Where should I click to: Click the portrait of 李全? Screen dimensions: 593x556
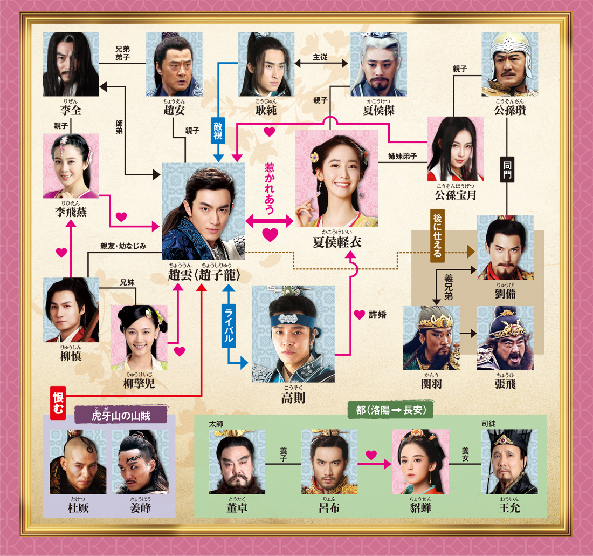(71, 64)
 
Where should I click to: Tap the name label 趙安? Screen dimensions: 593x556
(174, 110)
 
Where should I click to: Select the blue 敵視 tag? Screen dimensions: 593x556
(218, 130)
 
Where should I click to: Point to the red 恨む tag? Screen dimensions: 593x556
(58, 403)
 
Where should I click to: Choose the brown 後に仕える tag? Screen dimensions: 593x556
(437, 235)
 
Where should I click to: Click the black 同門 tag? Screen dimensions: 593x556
(507, 169)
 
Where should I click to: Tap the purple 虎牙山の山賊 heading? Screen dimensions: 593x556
(121, 415)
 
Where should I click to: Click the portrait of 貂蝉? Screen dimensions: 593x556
(420, 462)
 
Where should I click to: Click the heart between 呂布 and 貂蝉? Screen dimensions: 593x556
(371, 455)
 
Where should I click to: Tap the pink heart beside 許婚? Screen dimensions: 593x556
(359, 314)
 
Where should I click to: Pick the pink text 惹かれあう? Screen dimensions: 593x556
(269, 188)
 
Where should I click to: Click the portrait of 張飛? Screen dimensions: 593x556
(505, 338)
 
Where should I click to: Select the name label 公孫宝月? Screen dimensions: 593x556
(456, 195)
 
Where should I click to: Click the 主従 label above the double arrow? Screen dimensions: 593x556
(320, 57)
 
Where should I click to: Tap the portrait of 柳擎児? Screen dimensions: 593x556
(139, 337)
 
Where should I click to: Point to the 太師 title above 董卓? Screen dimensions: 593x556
(216, 424)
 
